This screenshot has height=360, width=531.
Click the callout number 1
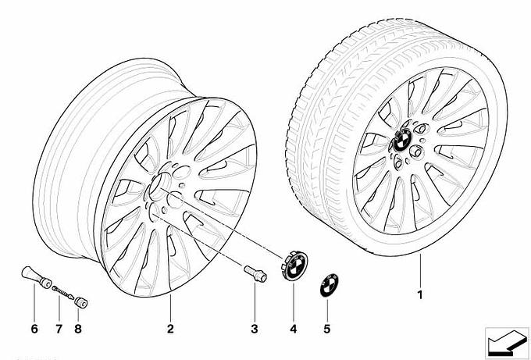[420, 294]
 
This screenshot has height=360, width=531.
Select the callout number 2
[170, 329]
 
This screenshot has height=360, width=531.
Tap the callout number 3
[255, 329]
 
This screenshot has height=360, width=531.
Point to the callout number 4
[294, 329]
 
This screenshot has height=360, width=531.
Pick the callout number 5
[326, 329]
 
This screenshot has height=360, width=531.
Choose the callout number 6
[34, 329]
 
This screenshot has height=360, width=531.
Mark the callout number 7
[59, 329]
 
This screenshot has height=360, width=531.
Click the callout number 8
[78, 329]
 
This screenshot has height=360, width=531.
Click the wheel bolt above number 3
[255, 273]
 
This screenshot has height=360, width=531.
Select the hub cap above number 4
[294, 266]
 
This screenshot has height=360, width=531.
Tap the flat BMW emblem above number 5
[330, 285]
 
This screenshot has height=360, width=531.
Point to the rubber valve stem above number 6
[36, 277]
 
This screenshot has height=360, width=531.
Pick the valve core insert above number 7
[63, 292]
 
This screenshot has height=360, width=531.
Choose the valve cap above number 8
[81, 301]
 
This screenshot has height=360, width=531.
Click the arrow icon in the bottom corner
[507, 343]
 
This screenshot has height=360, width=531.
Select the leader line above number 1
[420, 270]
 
